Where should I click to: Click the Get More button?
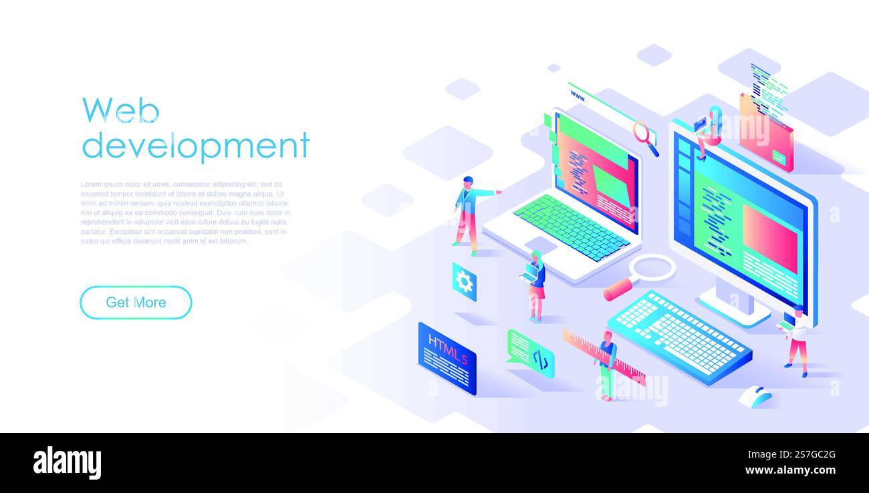click(136, 303)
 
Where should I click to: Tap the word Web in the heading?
click(120, 110)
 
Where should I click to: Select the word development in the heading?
click(195, 145)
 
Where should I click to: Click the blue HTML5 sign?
click(447, 358)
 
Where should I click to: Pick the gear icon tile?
click(464, 282)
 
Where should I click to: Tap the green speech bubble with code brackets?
click(531, 353)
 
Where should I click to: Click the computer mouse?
click(756, 397)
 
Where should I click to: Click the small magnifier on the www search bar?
click(644, 136)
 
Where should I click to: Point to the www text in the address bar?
click(578, 98)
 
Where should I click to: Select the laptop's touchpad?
click(540, 245)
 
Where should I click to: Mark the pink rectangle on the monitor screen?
click(769, 238)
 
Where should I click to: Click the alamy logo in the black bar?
click(67, 462)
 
